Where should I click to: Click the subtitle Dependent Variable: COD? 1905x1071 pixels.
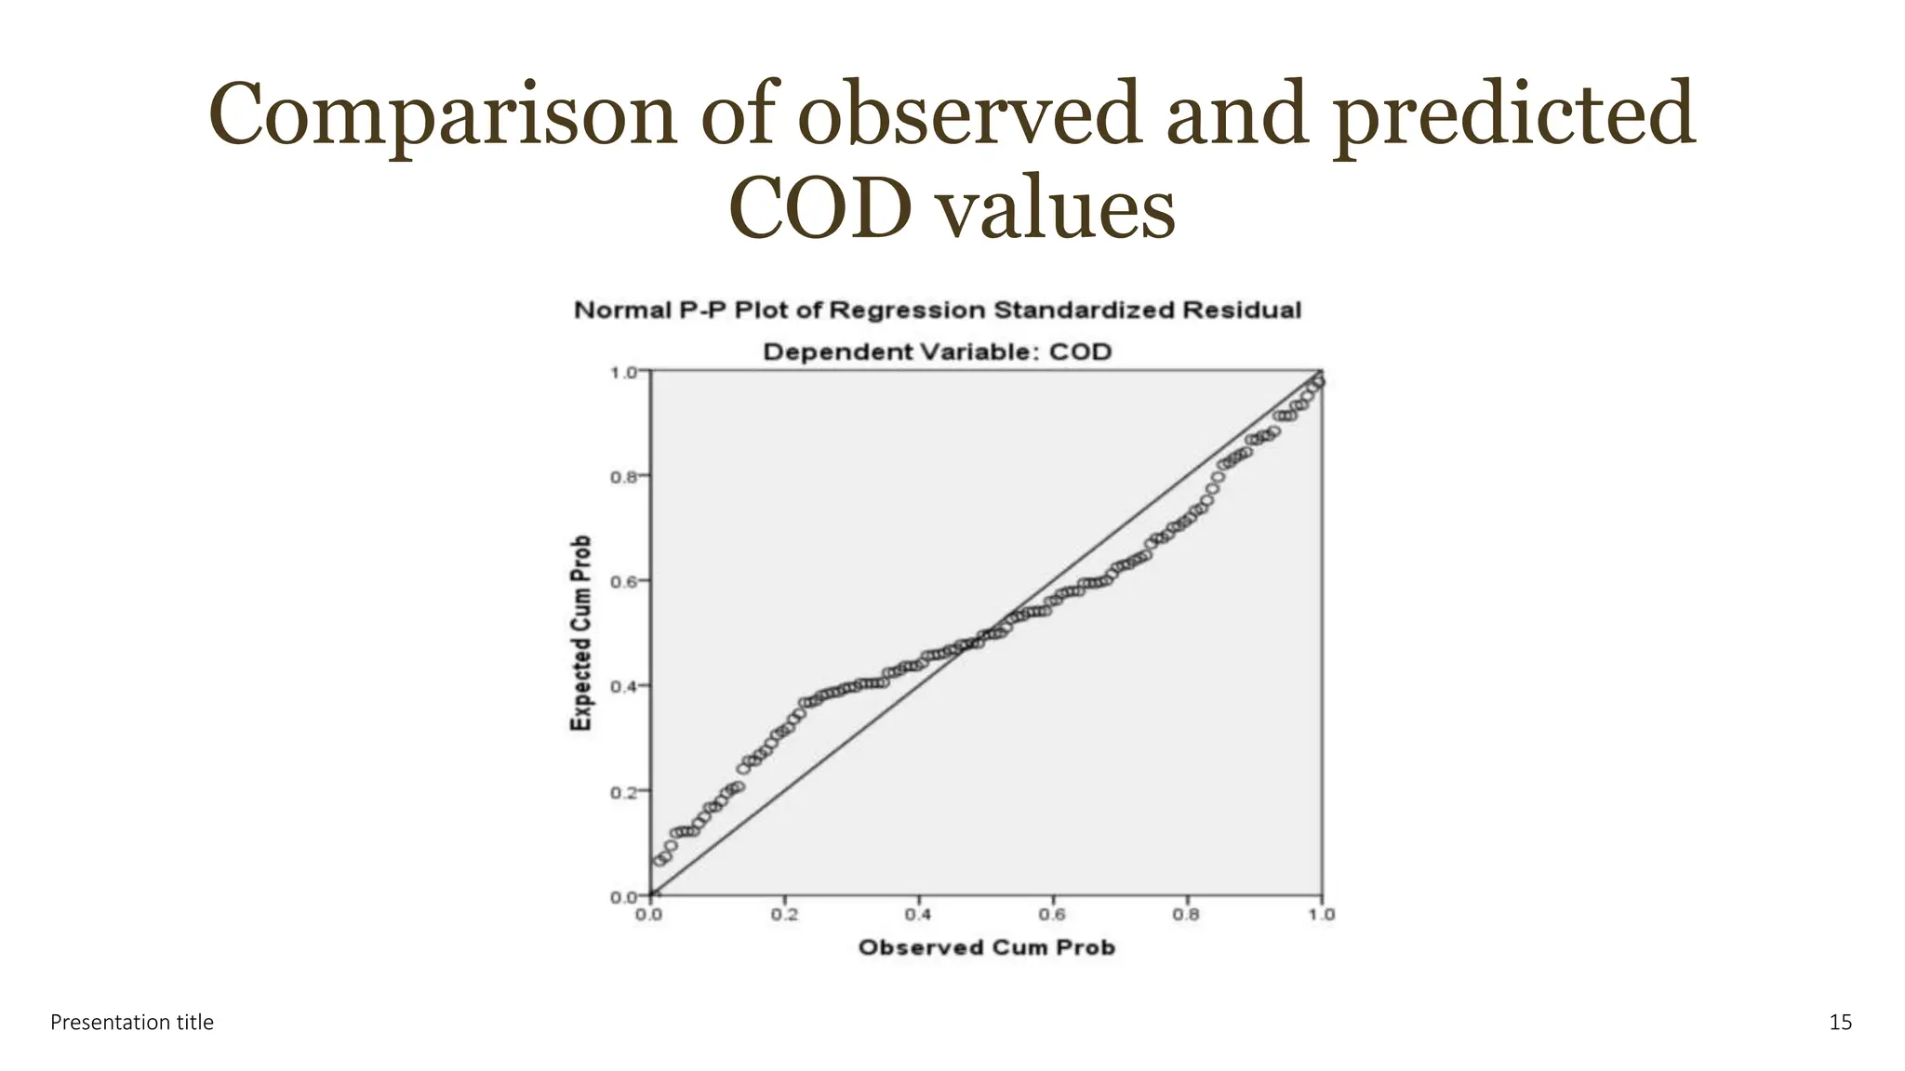tap(937, 352)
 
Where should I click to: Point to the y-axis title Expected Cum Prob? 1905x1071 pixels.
tap(581, 633)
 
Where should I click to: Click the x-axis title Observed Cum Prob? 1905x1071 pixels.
tap(986, 947)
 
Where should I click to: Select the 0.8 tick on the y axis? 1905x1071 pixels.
tap(622, 477)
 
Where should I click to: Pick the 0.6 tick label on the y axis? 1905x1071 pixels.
tap(622, 582)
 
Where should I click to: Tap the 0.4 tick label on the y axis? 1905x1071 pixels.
tap(622, 687)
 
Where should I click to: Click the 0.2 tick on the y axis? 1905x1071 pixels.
tap(622, 792)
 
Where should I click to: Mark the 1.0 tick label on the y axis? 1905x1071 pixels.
tap(622, 373)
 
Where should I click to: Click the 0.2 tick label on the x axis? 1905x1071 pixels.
tap(784, 915)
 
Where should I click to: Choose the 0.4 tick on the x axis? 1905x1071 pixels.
tap(918, 915)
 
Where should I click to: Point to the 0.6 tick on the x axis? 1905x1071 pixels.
tap(1052, 915)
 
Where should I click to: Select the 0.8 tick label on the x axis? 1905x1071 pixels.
tap(1186, 915)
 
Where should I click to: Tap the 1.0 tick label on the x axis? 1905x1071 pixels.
tap(1321, 915)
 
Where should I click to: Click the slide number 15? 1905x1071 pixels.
tap(1840, 1023)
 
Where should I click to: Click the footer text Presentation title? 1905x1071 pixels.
tap(132, 1023)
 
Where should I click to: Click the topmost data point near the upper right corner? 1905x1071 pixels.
tap(1318, 381)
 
